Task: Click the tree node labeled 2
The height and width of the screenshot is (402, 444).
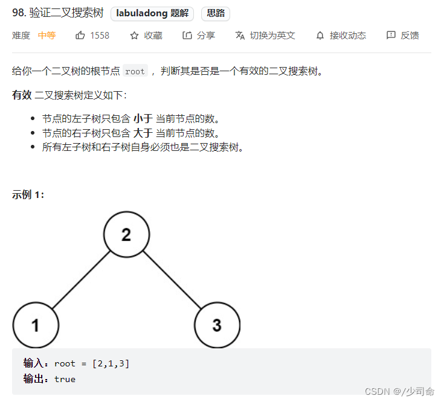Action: [x=126, y=234]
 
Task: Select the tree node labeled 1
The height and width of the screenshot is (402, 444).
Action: [x=36, y=325]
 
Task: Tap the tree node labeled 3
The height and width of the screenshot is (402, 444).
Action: [x=217, y=325]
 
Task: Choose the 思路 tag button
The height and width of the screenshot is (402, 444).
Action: [x=216, y=13]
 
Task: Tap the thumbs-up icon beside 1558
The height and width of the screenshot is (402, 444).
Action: [x=80, y=36]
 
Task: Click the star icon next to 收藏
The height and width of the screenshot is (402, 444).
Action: [x=134, y=36]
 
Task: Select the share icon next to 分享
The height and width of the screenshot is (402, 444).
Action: [x=187, y=36]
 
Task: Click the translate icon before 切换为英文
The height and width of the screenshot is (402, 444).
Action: [x=240, y=36]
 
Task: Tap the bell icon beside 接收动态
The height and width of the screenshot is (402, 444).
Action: [x=320, y=36]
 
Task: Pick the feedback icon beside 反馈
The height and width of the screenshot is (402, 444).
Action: [x=391, y=36]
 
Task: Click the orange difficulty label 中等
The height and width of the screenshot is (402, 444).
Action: [x=47, y=36]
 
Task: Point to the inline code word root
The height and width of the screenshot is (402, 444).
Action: [x=135, y=71]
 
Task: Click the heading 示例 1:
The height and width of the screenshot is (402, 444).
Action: [x=28, y=194]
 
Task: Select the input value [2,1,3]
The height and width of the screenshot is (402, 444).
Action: [x=111, y=363]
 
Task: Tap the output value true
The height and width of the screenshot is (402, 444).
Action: [x=65, y=379]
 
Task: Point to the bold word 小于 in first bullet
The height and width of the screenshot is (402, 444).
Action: [x=143, y=119]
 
